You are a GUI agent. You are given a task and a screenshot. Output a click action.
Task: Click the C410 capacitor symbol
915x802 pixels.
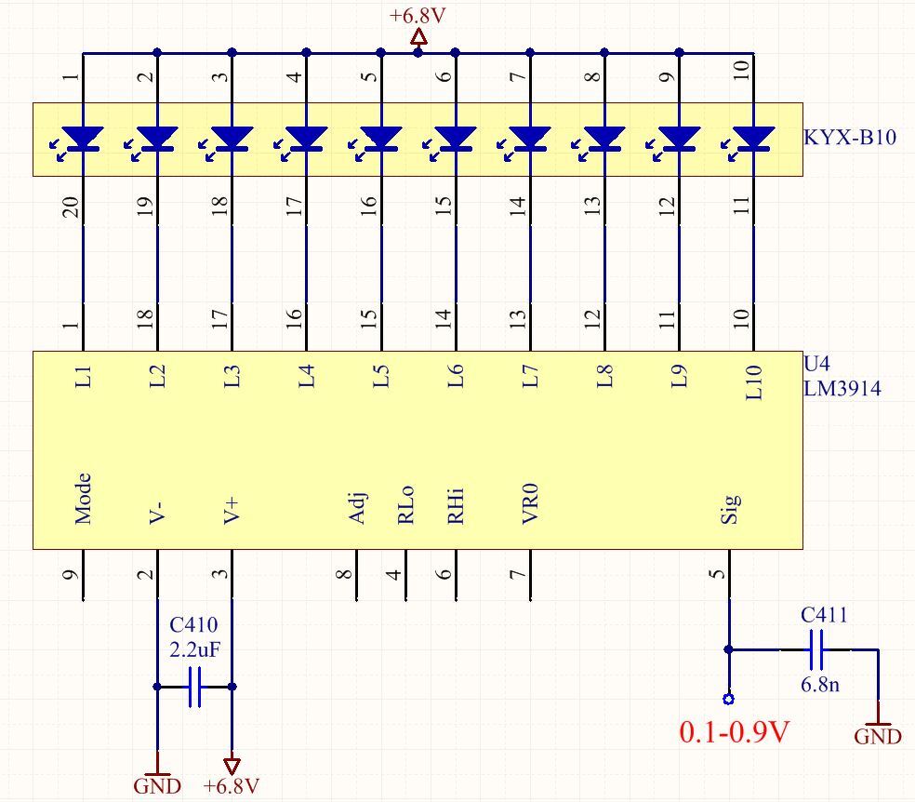coord(195,687)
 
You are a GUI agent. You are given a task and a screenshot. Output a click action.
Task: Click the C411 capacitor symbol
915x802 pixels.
coord(817,649)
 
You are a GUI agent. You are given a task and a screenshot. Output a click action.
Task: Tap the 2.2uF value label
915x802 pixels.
coord(195,649)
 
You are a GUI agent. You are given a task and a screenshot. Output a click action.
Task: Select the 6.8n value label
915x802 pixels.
coord(820,684)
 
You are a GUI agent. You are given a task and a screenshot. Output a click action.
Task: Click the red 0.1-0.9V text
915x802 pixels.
coord(734,732)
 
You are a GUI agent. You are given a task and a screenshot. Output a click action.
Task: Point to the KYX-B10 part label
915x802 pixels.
coord(850,137)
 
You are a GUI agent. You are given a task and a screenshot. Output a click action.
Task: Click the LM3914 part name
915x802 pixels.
coord(842,388)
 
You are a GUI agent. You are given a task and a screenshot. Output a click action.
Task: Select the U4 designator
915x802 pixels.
coord(816,364)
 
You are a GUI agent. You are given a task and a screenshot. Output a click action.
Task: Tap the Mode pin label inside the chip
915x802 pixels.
coord(84,499)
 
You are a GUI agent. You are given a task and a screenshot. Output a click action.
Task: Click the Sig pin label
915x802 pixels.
coord(729,508)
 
